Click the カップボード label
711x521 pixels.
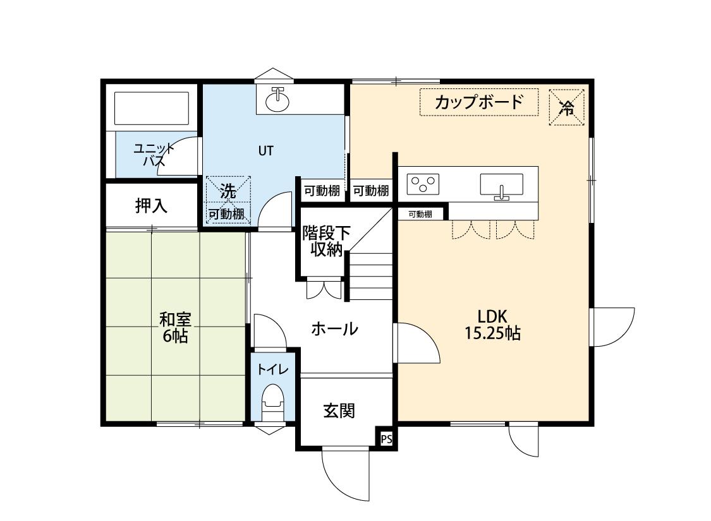[479, 102]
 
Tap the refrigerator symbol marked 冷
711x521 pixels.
[567, 107]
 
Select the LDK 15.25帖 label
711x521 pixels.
[492, 325]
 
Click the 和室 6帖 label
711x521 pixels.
[175, 327]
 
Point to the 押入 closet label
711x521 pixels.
[151, 205]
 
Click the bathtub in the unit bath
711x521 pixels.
[151, 109]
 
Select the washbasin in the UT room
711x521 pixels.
[277, 99]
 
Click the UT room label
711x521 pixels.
[265, 151]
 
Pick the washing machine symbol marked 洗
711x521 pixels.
[228, 191]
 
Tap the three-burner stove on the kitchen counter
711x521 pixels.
[423, 184]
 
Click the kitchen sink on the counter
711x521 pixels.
[502, 186]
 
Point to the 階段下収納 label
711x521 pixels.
[325, 240]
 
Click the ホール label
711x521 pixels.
[334, 329]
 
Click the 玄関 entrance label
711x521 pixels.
[339, 411]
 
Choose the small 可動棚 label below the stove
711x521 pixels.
[420, 214]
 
